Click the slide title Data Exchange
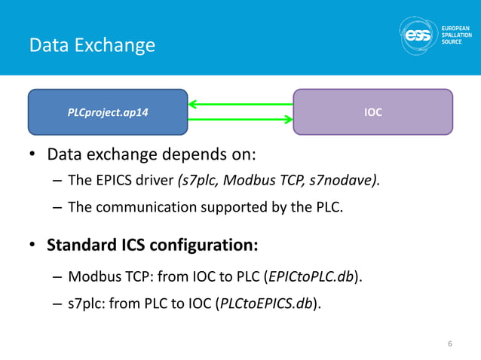click(x=92, y=45)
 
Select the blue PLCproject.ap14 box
click(x=108, y=112)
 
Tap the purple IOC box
click(x=372, y=112)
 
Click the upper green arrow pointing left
click(x=240, y=103)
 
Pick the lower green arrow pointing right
click(x=240, y=119)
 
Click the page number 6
click(x=449, y=344)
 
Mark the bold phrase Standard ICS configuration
click(x=152, y=246)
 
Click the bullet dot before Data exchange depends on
click(x=32, y=156)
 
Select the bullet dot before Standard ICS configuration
click(x=32, y=246)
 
